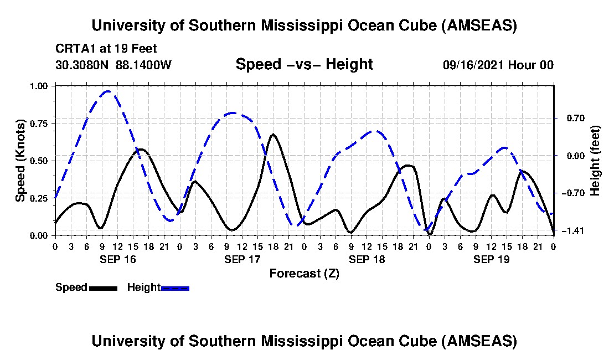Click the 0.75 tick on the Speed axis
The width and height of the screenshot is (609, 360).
pos(40,124)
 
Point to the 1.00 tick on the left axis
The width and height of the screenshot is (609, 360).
pos(40,86)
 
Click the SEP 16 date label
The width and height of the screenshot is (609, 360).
pos(117,259)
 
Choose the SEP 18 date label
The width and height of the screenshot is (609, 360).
pos(367,259)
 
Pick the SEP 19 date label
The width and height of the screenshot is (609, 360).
pos(491,259)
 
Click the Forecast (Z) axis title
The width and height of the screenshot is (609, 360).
pos(304,273)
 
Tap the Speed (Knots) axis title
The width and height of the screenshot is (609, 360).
pos(20,161)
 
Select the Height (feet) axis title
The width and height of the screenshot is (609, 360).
pos(595,161)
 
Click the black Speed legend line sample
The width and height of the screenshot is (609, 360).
pos(103,288)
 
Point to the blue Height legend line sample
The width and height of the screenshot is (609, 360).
pos(176,288)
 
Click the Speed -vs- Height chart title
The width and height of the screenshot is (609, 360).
pos(304,65)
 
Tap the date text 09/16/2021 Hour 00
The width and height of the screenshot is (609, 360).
pos(498,65)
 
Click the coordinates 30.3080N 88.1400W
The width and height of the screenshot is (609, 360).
pos(113,65)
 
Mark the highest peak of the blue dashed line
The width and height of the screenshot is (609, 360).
pos(108,91)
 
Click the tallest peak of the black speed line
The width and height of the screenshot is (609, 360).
pos(273,134)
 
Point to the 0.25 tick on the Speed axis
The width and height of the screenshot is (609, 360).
pos(40,198)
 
